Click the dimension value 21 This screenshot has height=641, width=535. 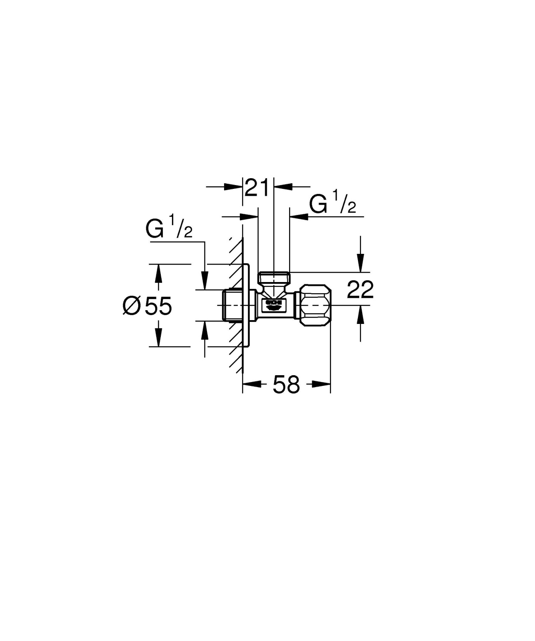(x=258, y=188)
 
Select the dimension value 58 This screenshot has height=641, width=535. (x=286, y=385)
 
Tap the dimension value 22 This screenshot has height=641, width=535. (x=360, y=290)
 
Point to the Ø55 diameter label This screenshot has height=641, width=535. (x=148, y=306)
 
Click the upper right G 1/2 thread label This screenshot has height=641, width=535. (x=332, y=204)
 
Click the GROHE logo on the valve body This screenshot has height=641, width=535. (x=274, y=304)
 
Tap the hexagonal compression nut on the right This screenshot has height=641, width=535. (x=316, y=306)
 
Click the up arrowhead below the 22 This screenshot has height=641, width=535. (x=361, y=316)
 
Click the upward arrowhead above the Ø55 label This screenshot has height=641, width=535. (x=159, y=273)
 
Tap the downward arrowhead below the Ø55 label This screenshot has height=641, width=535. (x=159, y=337)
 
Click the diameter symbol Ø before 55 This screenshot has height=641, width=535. (x=131, y=306)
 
